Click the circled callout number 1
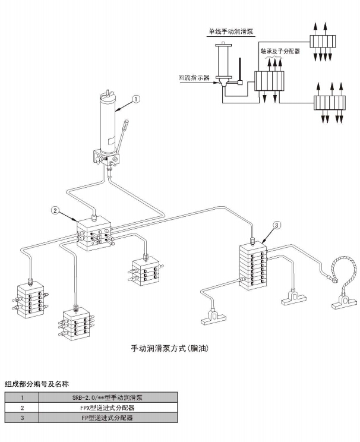(x=136, y=99)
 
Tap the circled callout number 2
(x=55, y=210)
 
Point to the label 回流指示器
(x=194, y=77)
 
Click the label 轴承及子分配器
(x=280, y=52)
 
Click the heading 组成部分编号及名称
(x=37, y=383)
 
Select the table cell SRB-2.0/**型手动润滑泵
(x=111, y=397)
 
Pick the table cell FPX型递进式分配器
(x=111, y=408)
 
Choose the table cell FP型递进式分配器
(x=111, y=418)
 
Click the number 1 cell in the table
(x=22, y=397)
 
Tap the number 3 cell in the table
(x=22, y=418)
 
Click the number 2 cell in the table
(x=22, y=408)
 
